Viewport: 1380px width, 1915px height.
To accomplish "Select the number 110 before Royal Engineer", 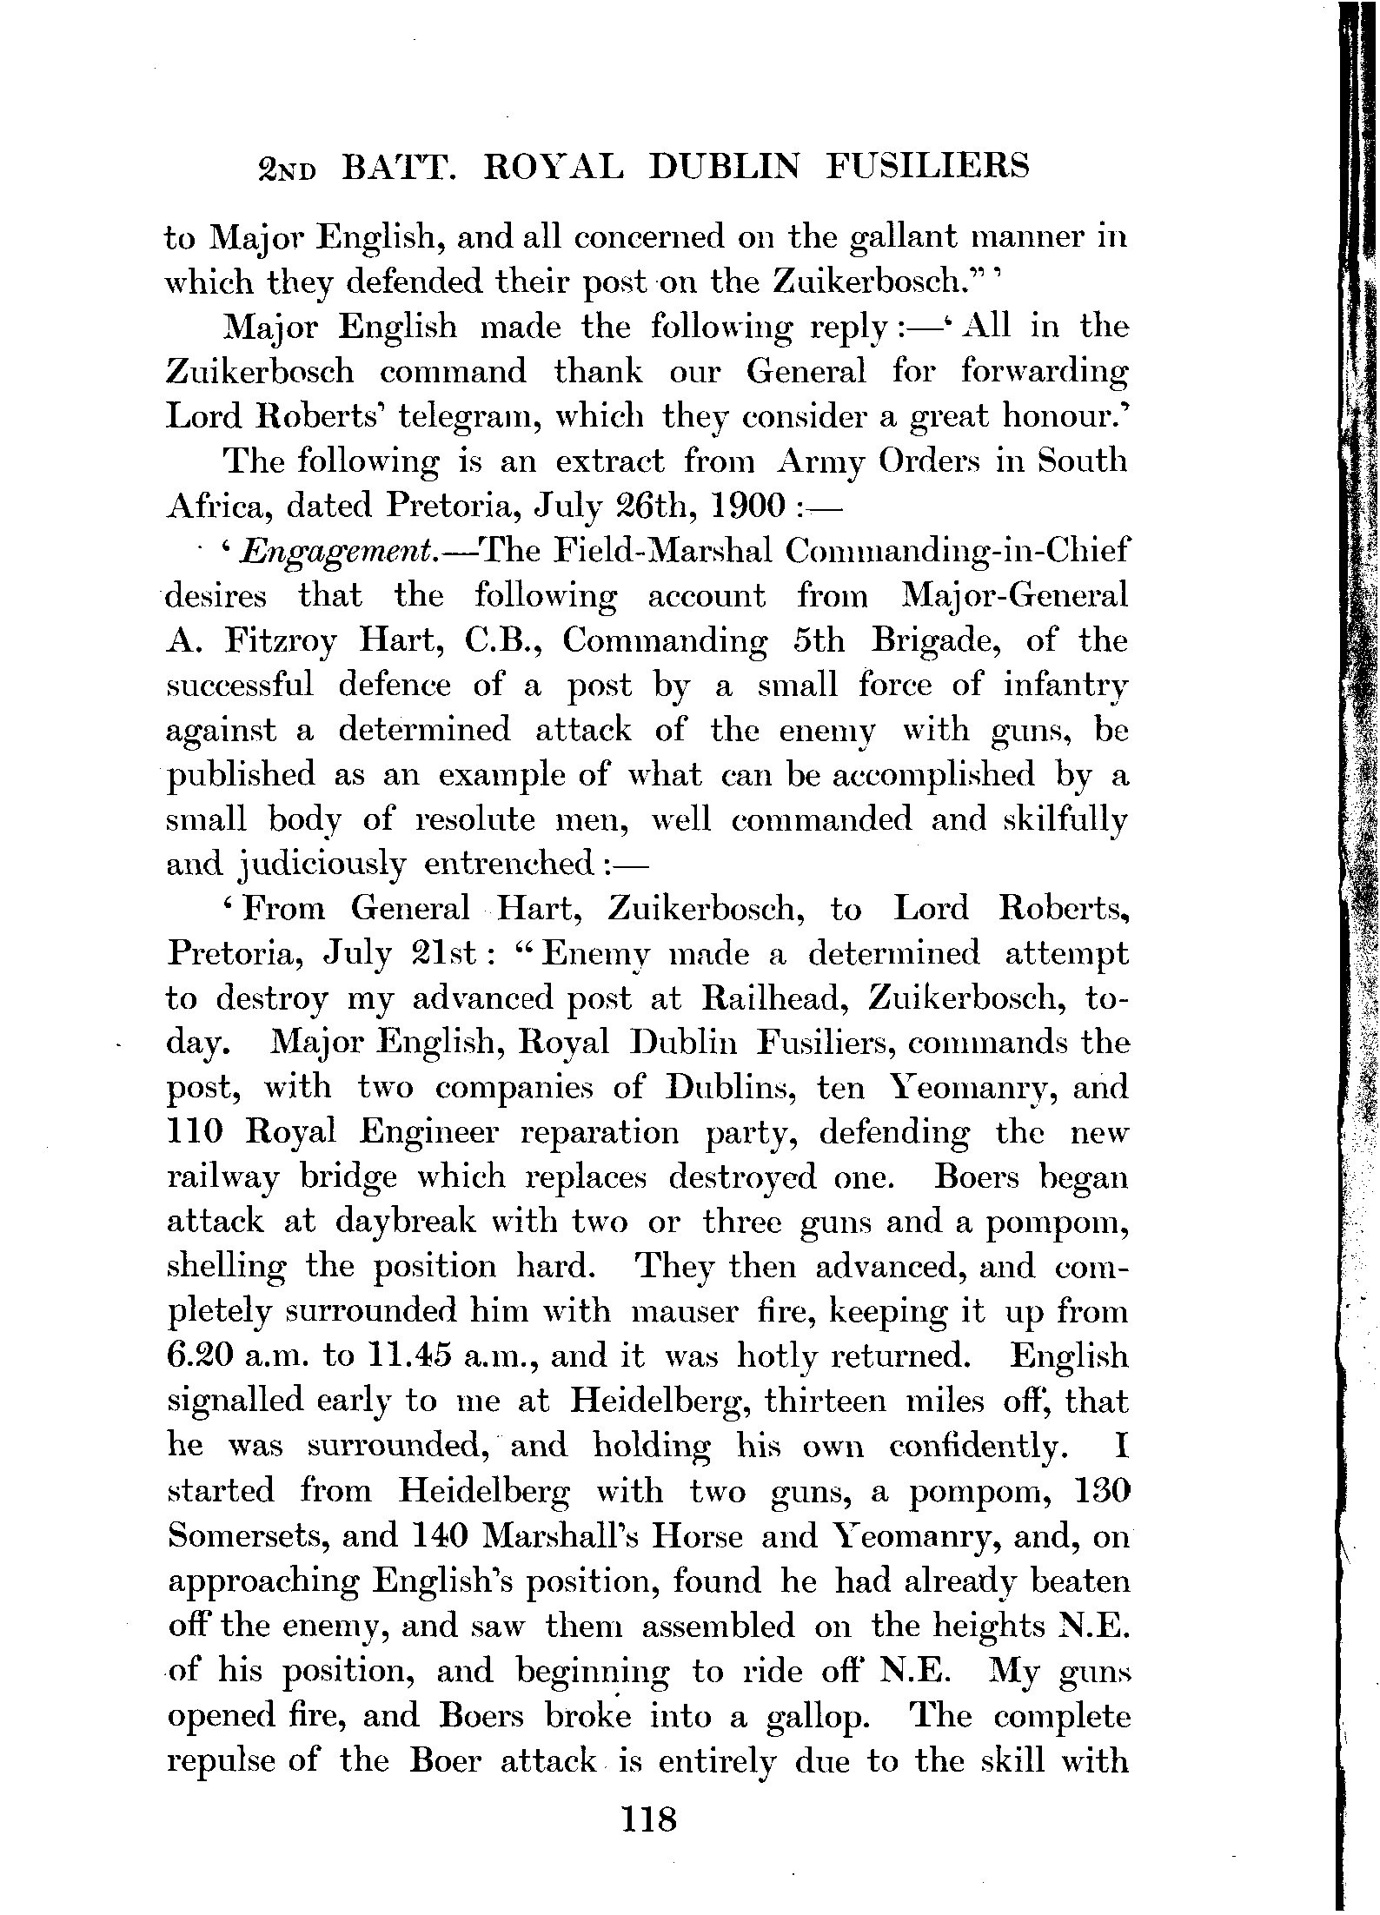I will [x=196, y=1132].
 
